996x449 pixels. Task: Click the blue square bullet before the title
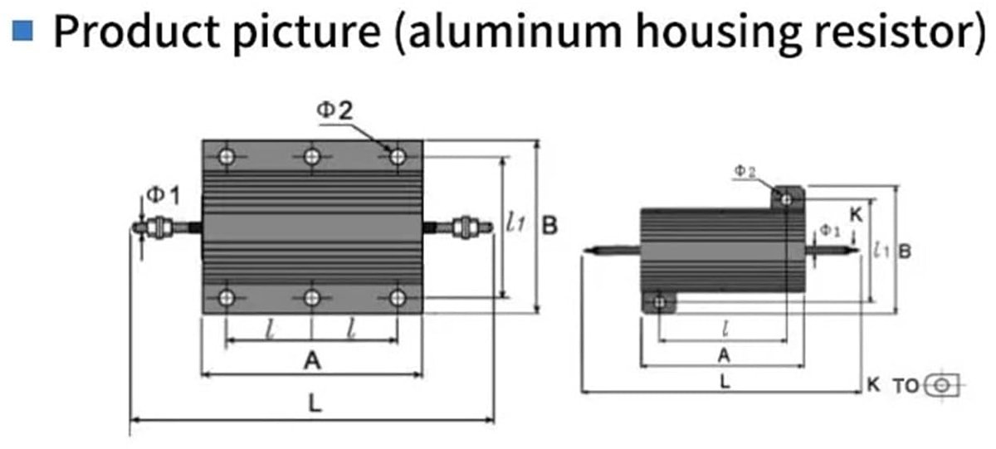pos(22,30)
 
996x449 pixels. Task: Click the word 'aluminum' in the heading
pos(515,31)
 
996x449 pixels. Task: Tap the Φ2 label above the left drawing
pos(334,110)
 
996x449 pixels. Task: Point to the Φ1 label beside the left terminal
pos(164,195)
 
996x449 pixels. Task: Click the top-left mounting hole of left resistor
pos(227,157)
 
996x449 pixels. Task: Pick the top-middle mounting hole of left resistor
pos(312,157)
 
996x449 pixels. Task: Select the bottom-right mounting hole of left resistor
pos(398,298)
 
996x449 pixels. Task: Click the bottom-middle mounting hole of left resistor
pos(312,298)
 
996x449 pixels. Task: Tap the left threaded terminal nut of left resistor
pos(159,227)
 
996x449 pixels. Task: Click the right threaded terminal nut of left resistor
pos(465,227)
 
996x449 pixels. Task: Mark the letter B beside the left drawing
pos(549,226)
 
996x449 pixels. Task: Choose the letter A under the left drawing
pos(312,360)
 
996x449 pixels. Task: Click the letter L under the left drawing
pos(315,403)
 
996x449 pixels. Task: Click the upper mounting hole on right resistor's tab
pos(786,200)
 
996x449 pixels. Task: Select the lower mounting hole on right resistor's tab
pos(660,303)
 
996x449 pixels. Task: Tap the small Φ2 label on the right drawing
pos(745,171)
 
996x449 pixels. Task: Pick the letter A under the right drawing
pos(724,356)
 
